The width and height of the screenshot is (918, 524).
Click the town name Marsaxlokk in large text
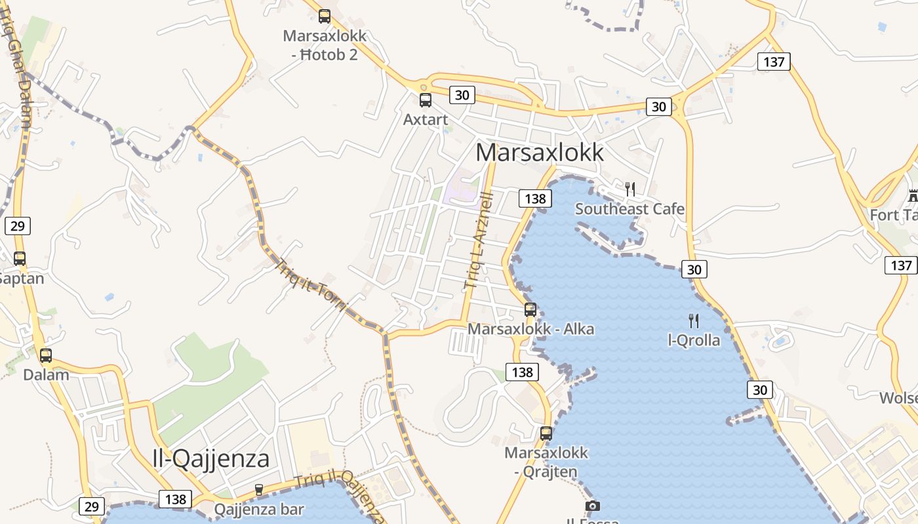539,152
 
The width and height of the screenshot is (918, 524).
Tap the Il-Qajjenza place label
210,458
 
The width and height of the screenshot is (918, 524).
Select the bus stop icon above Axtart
426,100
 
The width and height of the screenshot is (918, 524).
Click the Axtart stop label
426,119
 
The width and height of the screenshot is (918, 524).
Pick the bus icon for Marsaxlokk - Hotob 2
325,16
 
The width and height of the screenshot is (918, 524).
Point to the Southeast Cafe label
629,209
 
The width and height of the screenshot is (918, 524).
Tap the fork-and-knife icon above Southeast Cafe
629,189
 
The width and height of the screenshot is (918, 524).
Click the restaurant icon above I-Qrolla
694,321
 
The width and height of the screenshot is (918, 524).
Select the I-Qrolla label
694,341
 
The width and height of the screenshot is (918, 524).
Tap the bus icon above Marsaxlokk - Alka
530,310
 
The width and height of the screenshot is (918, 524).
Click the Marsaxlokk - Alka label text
530,329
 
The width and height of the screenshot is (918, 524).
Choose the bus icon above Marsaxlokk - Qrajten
546,434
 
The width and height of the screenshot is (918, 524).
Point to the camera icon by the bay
592,506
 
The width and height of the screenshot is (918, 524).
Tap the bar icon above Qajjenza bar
259,490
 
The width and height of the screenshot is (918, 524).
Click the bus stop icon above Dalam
45,356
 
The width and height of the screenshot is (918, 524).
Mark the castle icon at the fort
913,195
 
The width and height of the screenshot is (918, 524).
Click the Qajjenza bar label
259,510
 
